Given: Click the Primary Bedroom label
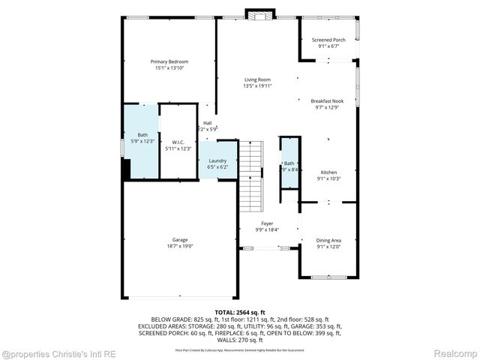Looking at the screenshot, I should (x=169, y=61).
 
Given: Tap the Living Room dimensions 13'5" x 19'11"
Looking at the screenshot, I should (x=257, y=86).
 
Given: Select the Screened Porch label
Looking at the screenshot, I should (x=328, y=40).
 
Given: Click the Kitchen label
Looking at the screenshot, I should (x=328, y=172).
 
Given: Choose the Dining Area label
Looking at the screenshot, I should (x=328, y=240).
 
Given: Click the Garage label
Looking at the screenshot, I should (x=179, y=240).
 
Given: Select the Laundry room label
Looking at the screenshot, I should (x=217, y=160).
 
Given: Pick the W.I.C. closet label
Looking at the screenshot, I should (x=178, y=142).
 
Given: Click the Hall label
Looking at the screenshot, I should (x=207, y=123).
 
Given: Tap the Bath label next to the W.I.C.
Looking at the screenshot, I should (x=142, y=135).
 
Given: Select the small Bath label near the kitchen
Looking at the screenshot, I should (x=289, y=163).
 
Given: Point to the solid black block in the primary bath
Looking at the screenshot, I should (x=126, y=169).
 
